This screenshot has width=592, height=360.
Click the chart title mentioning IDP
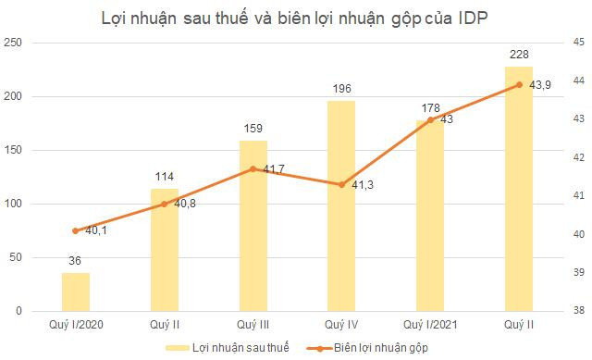pos(295,16)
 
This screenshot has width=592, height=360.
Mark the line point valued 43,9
pos(519,85)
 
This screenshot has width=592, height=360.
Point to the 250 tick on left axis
pos(15,43)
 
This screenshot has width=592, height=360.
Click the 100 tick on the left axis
pos(15,204)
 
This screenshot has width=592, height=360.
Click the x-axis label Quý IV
pos(341,325)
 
